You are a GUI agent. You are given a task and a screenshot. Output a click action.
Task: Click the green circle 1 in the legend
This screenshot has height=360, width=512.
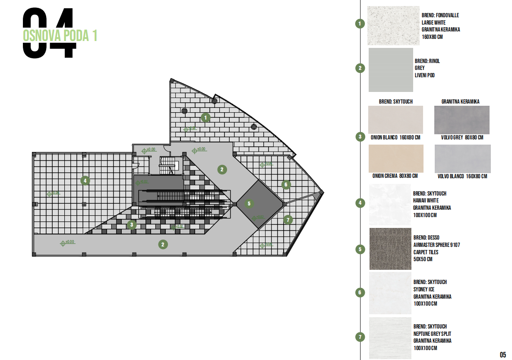[360, 24]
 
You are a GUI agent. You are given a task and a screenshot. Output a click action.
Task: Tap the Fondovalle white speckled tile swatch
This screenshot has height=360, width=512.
[393, 25]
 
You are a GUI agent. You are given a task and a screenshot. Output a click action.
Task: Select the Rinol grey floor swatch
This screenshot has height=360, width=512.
[391, 70]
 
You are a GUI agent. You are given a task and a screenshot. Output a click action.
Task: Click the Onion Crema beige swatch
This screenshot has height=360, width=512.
[396, 158]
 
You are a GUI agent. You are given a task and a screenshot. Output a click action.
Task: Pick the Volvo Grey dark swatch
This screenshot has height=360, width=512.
[461, 120]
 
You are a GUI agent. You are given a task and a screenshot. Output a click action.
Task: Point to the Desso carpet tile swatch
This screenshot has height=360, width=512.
[390, 249]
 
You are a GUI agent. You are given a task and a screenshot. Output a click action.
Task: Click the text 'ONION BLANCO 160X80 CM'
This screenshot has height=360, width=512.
[395, 138]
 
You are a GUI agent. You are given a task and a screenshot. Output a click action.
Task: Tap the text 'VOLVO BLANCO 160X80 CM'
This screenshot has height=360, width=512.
[461, 176]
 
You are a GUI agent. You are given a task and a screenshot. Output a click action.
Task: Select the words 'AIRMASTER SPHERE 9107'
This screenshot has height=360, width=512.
[436, 245]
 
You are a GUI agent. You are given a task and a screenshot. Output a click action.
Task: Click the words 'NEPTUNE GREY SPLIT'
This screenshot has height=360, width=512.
[432, 334]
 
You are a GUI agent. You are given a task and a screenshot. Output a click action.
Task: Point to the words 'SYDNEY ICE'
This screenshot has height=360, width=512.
[424, 289]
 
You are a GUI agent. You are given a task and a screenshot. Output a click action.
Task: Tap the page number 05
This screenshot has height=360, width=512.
[503, 355]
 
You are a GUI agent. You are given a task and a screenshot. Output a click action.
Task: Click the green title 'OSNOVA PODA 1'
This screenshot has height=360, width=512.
[60, 36]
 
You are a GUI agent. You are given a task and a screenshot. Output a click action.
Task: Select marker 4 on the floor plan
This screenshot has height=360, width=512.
[85, 180]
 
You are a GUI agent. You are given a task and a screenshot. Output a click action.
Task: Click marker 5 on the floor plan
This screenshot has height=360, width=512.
[249, 203]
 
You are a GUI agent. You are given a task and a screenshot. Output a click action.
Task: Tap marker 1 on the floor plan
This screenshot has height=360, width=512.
[206, 117]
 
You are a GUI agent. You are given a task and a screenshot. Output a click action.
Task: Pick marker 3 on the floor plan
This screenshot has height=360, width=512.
[132, 224]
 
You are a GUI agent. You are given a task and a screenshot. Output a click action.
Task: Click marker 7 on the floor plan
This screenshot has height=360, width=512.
[288, 220]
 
